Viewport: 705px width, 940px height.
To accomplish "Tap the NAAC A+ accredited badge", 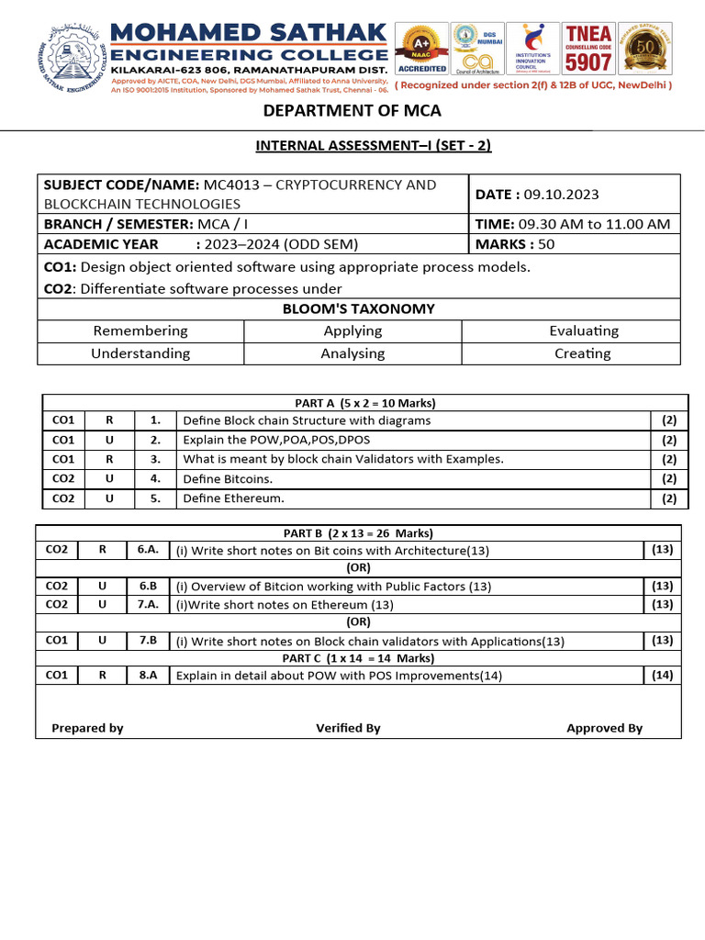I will pyautogui.click(x=422, y=50).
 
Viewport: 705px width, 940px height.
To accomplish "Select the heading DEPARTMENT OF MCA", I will pyautogui.click(x=352, y=110).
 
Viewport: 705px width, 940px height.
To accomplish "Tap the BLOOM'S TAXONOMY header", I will pyautogui.click(x=359, y=308).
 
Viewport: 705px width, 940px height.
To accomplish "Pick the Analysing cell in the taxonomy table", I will pyautogui.click(x=352, y=353).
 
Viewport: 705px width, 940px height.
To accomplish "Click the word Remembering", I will pyautogui.click(x=140, y=330).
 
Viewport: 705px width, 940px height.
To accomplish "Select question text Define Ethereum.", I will pyautogui.click(x=234, y=498).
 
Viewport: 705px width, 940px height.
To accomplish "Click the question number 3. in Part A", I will pyautogui.click(x=155, y=459).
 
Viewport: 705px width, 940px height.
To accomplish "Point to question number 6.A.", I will pyautogui.click(x=148, y=550).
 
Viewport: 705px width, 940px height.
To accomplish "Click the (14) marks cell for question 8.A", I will pyautogui.click(x=662, y=676).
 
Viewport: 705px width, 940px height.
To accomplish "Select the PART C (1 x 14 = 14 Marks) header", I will pyautogui.click(x=358, y=658).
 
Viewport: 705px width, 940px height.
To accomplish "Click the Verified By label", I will pyautogui.click(x=348, y=728).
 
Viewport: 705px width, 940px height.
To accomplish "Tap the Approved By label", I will pyautogui.click(x=604, y=728).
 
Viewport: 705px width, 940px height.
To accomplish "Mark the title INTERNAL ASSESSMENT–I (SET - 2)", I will pyautogui.click(x=358, y=146).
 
